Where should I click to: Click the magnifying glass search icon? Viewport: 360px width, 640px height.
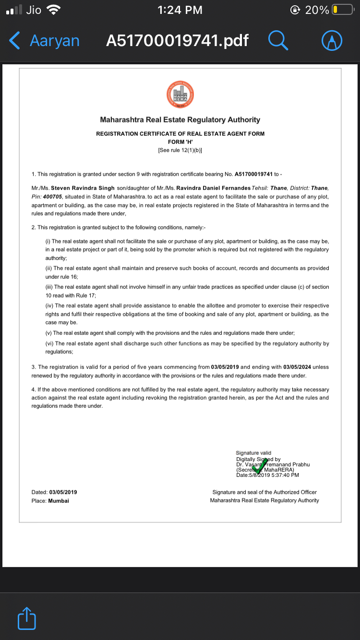278,41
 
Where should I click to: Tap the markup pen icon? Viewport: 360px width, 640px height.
331,41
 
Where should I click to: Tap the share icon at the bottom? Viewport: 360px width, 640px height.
27,619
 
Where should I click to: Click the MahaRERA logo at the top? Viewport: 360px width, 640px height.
180,94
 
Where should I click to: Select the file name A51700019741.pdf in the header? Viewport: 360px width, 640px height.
177,41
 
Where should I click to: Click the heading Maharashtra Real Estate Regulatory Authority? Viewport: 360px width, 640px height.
180,120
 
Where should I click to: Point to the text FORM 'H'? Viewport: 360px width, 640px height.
180,142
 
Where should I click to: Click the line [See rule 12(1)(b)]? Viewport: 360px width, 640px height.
180,150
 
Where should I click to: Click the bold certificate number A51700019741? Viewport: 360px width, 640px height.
253,174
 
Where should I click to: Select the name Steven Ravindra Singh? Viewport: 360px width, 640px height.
83,188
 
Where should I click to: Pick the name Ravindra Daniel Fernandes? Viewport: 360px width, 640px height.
214,188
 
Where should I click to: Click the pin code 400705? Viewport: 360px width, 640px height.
53,197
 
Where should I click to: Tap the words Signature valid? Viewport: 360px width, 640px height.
253,453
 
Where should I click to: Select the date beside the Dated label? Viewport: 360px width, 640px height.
63,492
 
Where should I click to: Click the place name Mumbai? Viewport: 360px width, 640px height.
59,501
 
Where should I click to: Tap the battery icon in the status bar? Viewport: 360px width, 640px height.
342,10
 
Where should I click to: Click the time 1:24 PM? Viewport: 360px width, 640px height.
180,10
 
